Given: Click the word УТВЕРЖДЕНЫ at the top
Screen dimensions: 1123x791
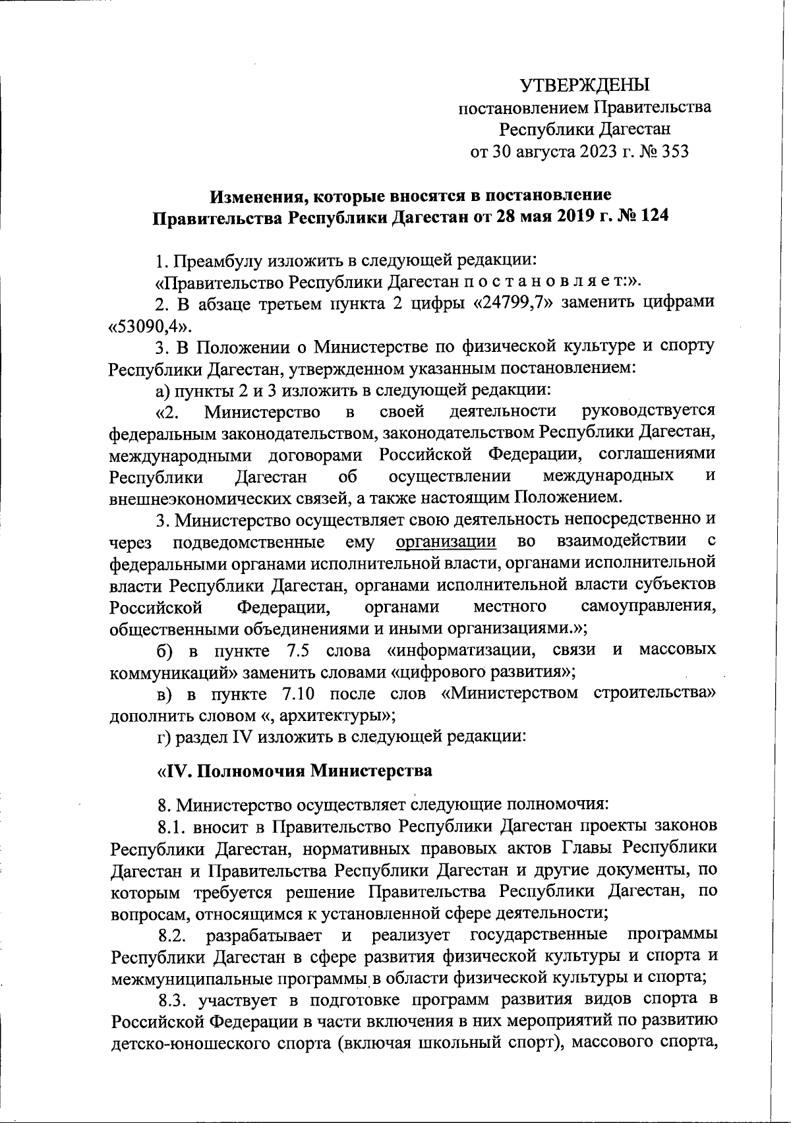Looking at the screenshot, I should [585, 85].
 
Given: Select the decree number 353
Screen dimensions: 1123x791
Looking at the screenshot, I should [673, 152].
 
